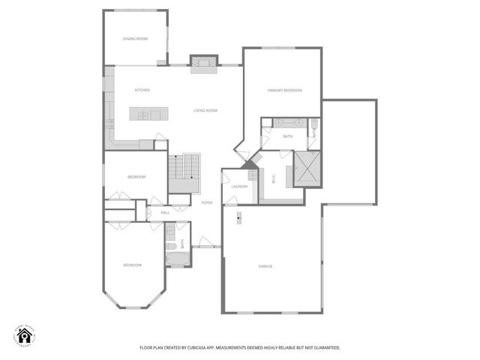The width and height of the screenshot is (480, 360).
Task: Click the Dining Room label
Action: click(135, 39)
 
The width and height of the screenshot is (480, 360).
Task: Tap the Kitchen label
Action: click(142, 90)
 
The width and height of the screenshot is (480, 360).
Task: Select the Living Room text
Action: click(205, 111)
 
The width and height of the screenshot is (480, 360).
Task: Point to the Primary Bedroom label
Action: click(285, 90)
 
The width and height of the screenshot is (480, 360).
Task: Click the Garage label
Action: click(265, 266)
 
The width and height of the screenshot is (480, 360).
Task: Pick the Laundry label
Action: click(239, 186)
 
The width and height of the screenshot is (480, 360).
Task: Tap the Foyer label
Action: click(207, 202)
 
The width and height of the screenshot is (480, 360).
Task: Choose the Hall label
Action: click(166, 212)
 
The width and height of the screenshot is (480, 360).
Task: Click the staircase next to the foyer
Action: click(184, 175)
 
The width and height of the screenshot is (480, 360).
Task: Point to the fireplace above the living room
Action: click(203, 63)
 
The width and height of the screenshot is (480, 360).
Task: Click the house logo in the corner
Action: click(25, 337)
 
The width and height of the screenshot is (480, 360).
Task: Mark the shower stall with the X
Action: click(307, 169)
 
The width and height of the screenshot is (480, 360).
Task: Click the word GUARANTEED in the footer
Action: click(325, 348)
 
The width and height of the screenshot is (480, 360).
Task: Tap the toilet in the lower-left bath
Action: click(170, 246)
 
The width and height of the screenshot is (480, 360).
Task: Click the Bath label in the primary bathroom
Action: click(288, 136)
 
